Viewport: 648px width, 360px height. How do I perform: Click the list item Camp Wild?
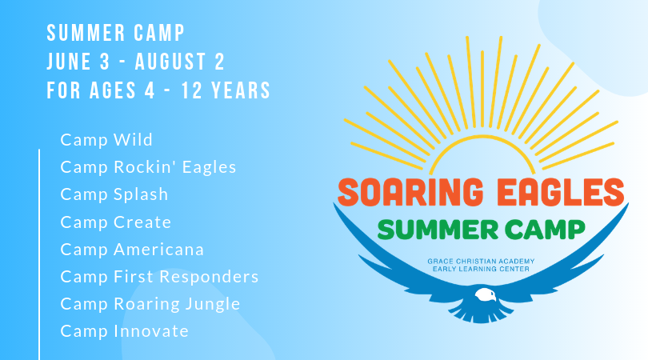tap(106, 140)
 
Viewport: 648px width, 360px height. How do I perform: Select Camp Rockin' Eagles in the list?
tap(148, 167)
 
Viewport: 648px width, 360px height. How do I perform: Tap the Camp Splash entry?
tap(114, 194)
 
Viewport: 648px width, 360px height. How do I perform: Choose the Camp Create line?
tap(116, 222)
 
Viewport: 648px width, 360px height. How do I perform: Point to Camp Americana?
tap(132, 250)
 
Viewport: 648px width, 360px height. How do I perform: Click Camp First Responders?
tap(159, 277)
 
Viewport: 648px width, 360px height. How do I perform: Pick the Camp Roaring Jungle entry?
tap(150, 304)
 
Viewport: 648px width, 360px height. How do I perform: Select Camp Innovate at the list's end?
tap(124, 331)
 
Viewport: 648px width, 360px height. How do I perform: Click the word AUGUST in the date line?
tap(170, 62)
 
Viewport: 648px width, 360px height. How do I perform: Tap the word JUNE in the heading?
tap(70, 62)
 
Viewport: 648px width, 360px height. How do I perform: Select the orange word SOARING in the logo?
tap(410, 192)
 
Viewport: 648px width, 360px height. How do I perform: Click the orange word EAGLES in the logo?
tap(560, 192)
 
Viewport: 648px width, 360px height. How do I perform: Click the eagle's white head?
tap(485, 295)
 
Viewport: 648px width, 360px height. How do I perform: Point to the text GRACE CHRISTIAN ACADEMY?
tap(481, 262)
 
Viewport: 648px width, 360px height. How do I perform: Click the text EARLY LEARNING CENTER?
tap(481, 269)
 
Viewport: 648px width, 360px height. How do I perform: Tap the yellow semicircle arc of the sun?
tap(482, 136)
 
